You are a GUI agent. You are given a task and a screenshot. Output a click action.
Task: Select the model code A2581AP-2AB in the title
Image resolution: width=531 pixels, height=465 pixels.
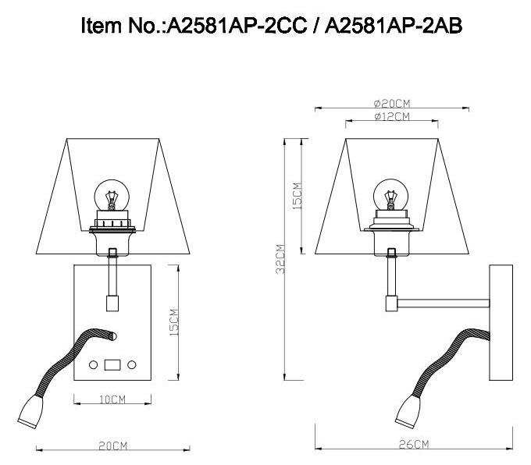coord(394,25)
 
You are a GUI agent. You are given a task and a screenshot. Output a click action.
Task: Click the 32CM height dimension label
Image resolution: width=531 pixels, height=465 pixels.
coord(280,259)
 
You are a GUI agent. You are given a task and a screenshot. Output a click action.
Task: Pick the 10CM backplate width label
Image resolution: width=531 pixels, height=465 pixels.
coord(112,399)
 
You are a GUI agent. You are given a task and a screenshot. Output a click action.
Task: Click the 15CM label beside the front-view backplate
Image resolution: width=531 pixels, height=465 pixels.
coord(174,322)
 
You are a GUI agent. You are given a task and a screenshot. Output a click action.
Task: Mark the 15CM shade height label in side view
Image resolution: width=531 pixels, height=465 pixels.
coord(297,195)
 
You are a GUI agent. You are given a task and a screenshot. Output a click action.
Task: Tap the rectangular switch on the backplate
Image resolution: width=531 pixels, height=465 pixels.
coord(112,364)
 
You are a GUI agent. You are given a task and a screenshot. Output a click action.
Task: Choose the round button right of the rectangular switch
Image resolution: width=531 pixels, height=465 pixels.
coord(132,364)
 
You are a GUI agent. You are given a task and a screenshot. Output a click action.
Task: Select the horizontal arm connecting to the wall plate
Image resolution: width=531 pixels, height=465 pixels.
coord(441,300)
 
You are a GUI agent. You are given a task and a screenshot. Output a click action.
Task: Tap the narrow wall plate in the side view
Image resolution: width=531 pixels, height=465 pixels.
coord(501,322)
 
